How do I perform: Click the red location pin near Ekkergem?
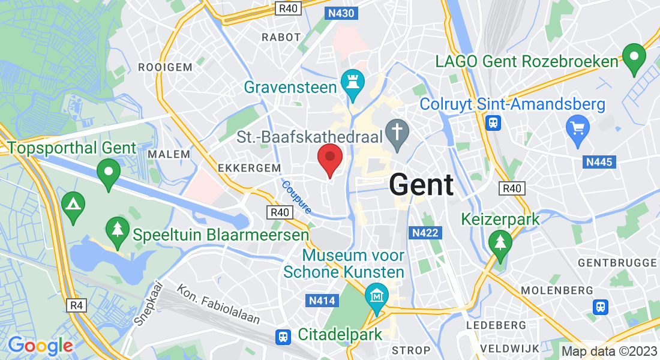click(x=329, y=158)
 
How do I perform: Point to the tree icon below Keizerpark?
click(x=499, y=243)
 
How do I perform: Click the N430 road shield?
click(x=339, y=13)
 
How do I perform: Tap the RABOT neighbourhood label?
click(x=281, y=37)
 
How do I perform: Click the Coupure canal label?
click(x=296, y=197)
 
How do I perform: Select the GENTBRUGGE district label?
click(x=617, y=263)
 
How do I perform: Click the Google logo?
click(x=40, y=346)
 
